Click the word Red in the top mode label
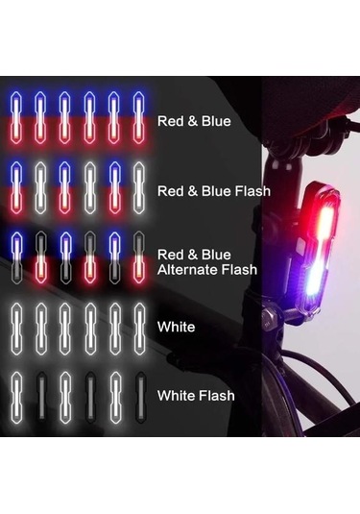[x=170, y=121]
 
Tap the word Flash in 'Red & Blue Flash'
[x=252, y=191]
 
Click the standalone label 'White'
[x=177, y=327]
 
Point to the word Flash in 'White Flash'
[x=217, y=396]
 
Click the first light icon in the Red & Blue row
[x=15, y=117]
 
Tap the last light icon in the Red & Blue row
[x=139, y=117]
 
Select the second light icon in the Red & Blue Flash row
[x=40, y=188]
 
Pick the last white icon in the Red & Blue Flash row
[x=139, y=188]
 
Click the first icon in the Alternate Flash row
[x=15, y=257]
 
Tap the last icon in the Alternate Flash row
[x=139, y=257]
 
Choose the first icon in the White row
[x=16, y=329]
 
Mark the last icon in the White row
[x=139, y=329]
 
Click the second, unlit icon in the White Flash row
[x=41, y=398]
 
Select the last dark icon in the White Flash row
[x=140, y=398]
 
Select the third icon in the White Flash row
[x=65, y=398]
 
